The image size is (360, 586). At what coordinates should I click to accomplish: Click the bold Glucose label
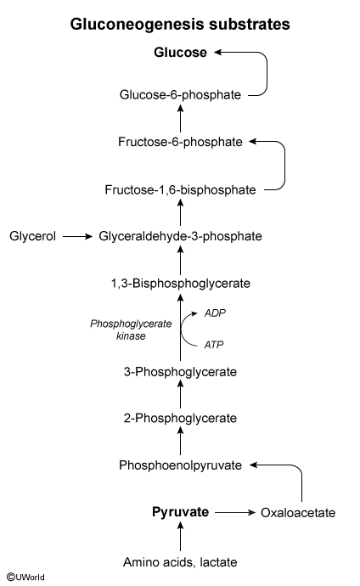point(180,53)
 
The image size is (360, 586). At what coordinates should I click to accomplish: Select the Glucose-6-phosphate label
point(180,95)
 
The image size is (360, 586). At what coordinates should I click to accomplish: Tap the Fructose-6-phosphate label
point(180,142)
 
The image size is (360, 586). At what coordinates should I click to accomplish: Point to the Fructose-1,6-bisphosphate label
point(180,190)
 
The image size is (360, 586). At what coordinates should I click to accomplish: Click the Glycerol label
point(32,236)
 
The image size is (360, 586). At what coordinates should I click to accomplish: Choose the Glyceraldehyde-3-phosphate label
point(180,236)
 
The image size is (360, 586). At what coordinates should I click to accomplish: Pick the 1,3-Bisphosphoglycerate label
point(180,284)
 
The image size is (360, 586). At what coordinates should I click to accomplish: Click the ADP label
point(215,313)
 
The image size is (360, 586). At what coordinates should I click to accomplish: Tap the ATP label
point(214,345)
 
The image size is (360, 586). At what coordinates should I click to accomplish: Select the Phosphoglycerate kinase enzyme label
point(131,330)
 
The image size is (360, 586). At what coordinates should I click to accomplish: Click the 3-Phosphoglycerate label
point(180,372)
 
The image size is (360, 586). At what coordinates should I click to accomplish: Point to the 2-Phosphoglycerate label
point(180,418)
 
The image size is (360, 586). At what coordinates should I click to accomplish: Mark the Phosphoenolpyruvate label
point(180,465)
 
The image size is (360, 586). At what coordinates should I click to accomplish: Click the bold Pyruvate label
point(180,512)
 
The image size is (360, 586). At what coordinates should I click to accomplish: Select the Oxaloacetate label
point(298,513)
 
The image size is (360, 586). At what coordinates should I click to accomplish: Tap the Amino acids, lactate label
point(180,562)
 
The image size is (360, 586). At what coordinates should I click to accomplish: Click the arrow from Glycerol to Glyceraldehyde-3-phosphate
point(77,236)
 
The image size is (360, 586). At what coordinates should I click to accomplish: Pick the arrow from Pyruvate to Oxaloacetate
point(234,512)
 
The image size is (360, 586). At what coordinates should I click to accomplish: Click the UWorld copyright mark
point(25,577)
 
